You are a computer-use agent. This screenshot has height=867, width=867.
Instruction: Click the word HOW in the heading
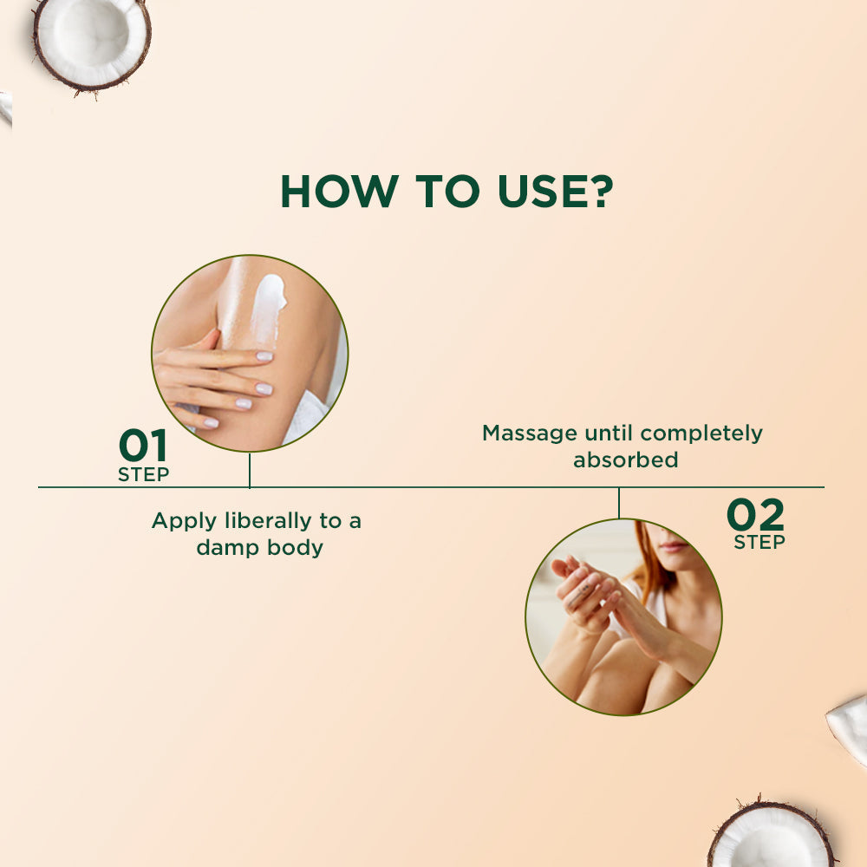[x=340, y=192]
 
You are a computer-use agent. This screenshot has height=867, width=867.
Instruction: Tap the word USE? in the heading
[x=555, y=192]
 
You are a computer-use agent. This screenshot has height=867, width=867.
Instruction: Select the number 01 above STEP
[x=143, y=445]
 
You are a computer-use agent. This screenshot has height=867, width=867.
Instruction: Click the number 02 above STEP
[x=755, y=514]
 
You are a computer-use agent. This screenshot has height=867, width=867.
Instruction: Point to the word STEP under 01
[x=143, y=474]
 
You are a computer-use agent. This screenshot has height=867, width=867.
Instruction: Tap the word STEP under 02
[x=759, y=542]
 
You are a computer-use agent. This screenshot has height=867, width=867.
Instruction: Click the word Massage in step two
[x=530, y=434]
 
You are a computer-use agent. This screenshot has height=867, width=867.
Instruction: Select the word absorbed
[x=625, y=460]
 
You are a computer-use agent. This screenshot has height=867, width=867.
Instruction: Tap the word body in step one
[x=296, y=548]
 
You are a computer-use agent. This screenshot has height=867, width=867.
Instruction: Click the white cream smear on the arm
[x=268, y=310]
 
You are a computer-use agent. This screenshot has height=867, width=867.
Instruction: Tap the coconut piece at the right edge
[x=848, y=731]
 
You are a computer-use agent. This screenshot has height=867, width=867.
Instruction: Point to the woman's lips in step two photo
[x=675, y=546]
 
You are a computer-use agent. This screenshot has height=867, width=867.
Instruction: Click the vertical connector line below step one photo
[x=250, y=470]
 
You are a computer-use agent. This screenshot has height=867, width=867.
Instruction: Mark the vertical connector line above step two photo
[x=619, y=503]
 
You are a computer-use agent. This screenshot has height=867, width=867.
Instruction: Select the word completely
[x=701, y=434]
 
